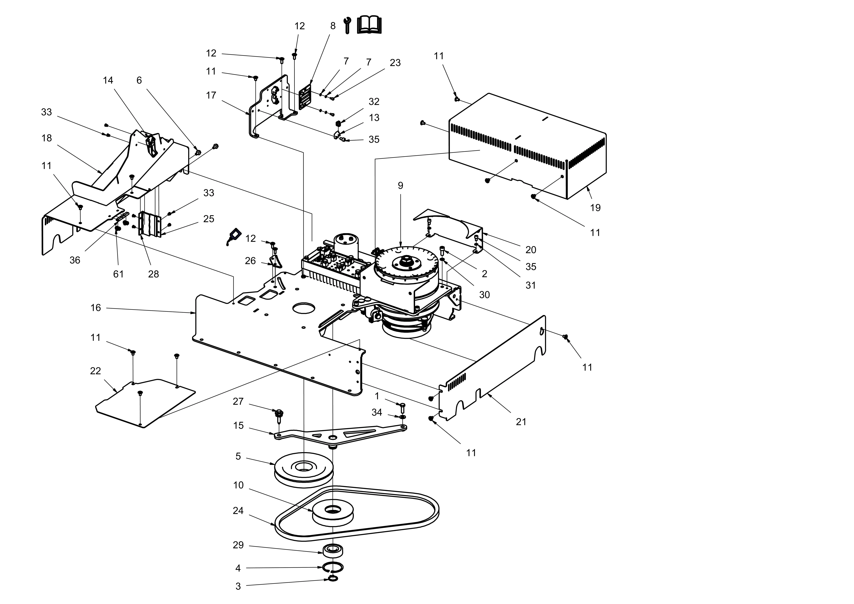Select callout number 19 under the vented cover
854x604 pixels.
[595, 208]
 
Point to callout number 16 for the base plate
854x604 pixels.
[96, 308]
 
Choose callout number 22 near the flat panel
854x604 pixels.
[96, 371]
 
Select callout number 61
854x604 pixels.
[118, 274]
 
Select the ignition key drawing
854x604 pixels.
[233, 237]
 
